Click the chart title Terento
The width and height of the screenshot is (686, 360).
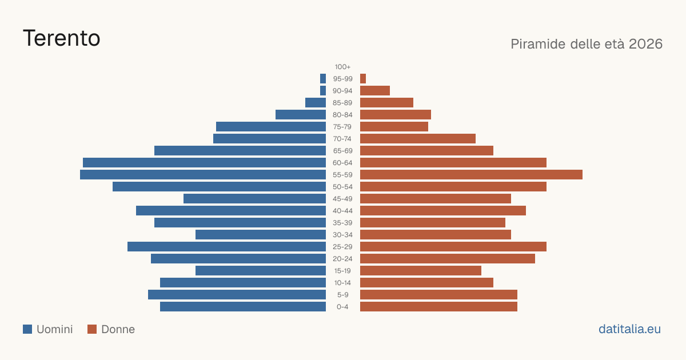pyautogui.click(x=62, y=38)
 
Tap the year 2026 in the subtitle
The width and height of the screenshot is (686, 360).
pyautogui.click(x=645, y=44)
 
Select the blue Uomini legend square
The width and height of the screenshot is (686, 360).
pyautogui.click(x=27, y=329)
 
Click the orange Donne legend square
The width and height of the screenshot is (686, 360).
pyautogui.click(x=92, y=329)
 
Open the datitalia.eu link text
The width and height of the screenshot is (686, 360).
pyautogui.click(x=629, y=329)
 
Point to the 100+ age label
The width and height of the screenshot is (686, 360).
pyautogui.click(x=342, y=67)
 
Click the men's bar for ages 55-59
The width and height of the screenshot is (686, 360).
pyautogui.click(x=203, y=174)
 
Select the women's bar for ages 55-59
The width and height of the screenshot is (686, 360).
pyautogui.click(x=471, y=174)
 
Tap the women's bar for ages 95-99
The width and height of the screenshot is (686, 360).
pyautogui.click(x=363, y=79)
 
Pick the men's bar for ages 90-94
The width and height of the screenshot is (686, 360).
pyautogui.click(x=323, y=91)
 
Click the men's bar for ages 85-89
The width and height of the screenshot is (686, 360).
pyautogui.click(x=316, y=102)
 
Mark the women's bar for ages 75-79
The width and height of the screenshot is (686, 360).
pyautogui.click(x=394, y=127)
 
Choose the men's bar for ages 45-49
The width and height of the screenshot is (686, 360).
pyautogui.click(x=255, y=199)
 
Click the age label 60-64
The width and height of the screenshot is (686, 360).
pyautogui.click(x=342, y=163)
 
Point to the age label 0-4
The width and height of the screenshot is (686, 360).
pyautogui.click(x=342, y=307)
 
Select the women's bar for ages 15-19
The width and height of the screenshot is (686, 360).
pyautogui.click(x=421, y=271)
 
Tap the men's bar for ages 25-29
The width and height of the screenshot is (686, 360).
pyautogui.click(x=226, y=247)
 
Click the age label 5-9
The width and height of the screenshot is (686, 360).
pyautogui.click(x=342, y=295)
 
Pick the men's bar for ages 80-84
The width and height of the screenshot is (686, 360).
pyautogui.click(x=301, y=115)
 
